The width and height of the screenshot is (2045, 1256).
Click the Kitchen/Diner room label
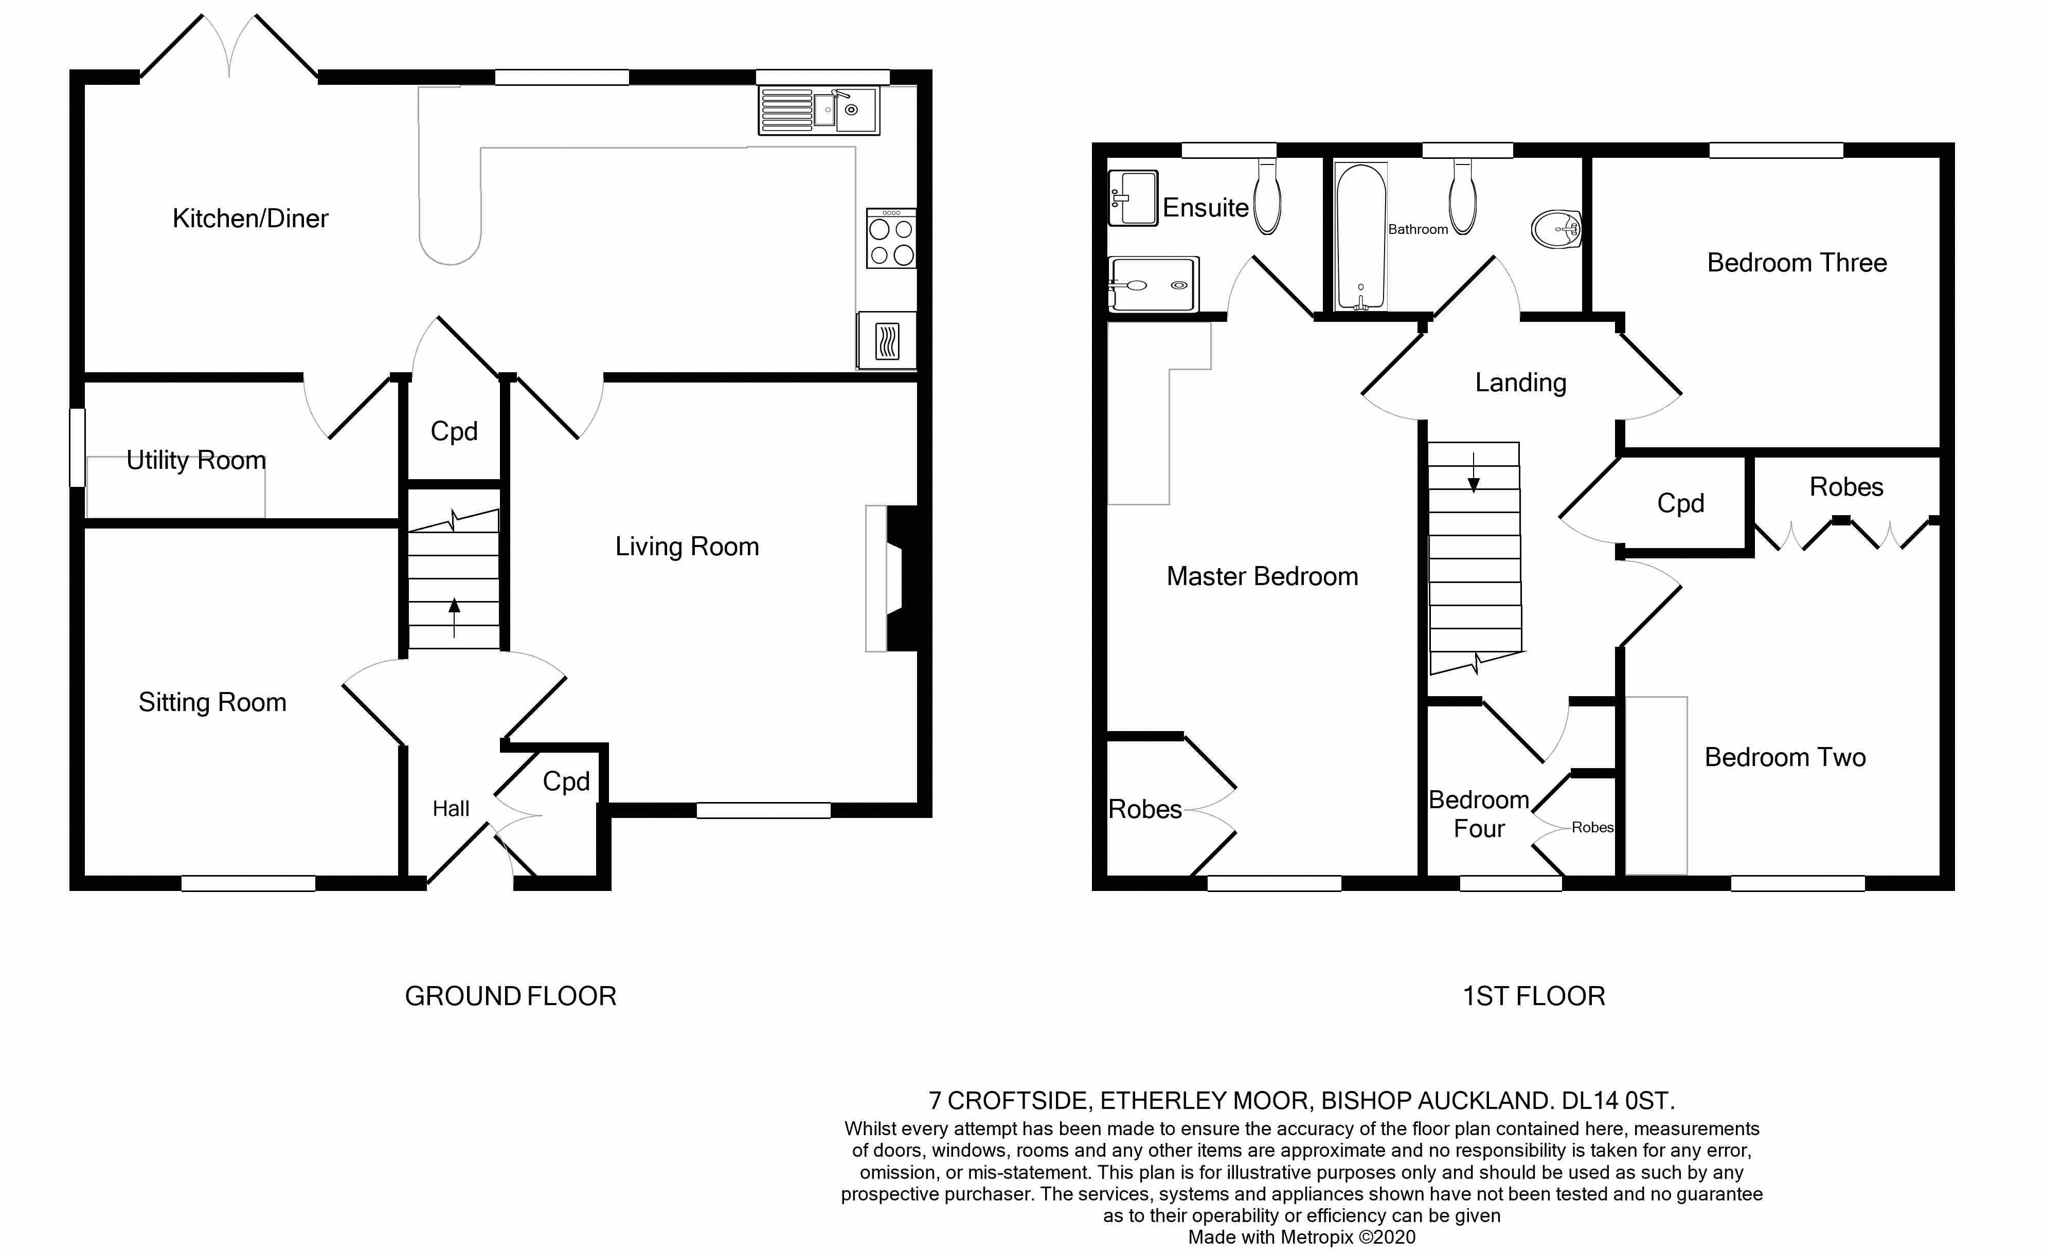pos(250,219)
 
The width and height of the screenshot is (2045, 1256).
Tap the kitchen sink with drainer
pos(818,111)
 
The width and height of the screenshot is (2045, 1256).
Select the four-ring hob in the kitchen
pos(891,239)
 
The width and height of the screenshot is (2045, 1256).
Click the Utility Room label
pos(196,460)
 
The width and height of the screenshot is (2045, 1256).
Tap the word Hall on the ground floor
pos(451,809)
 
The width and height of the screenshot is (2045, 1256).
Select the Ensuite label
pos(1205,208)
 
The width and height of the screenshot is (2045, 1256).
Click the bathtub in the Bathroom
pos(1360,236)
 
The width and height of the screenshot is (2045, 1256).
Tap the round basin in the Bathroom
pos(1555,228)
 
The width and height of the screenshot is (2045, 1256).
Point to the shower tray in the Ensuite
pos(1153,284)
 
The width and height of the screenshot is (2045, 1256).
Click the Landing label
pos(1521,383)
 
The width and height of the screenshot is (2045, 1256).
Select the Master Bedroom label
pos(1262,576)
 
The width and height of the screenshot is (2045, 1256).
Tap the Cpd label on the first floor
pos(1680,503)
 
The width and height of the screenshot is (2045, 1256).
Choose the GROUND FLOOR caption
pos(510,996)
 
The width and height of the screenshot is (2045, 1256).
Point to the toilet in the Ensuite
pos(1267,197)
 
